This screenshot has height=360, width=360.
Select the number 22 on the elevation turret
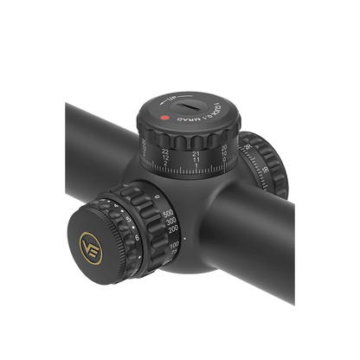166,150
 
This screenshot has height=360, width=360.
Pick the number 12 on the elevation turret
167,157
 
